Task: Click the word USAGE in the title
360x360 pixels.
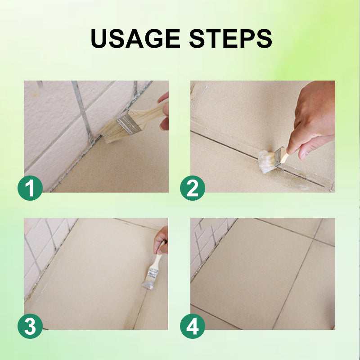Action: (x=135, y=38)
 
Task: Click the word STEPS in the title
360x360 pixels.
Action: (x=230, y=38)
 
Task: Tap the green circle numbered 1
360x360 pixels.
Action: (x=30, y=188)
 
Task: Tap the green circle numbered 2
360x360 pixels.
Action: (x=193, y=188)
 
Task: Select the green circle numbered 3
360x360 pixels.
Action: (x=30, y=326)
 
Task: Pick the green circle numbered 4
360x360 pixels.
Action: (x=193, y=326)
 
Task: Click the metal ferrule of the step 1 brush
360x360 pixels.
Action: (x=129, y=124)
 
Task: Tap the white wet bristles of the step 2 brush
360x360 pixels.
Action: (x=266, y=161)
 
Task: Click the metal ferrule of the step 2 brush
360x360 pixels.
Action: (x=279, y=156)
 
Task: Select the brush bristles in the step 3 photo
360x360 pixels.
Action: (x=147, y=284)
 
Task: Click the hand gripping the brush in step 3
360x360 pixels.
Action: (x=161, y=240)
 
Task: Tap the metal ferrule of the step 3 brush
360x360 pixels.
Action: (x=152, y=273)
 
